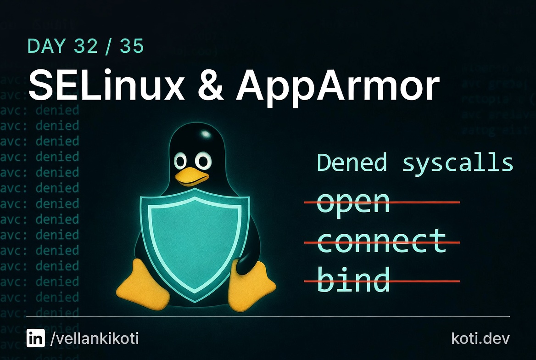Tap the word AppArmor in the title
coord(338,86)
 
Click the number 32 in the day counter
coord(88,46)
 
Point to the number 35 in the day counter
coord(132,46)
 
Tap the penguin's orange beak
coord(191,177)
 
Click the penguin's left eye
coord(181,162)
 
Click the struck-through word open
coord(353,202)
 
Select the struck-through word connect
coord(381,242)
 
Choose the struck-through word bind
coord(353,280)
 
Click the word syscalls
coord(458,163)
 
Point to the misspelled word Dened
coord(352,163)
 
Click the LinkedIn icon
coord(36,339)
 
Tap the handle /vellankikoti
coord(94,339)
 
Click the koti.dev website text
coord(480,339)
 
